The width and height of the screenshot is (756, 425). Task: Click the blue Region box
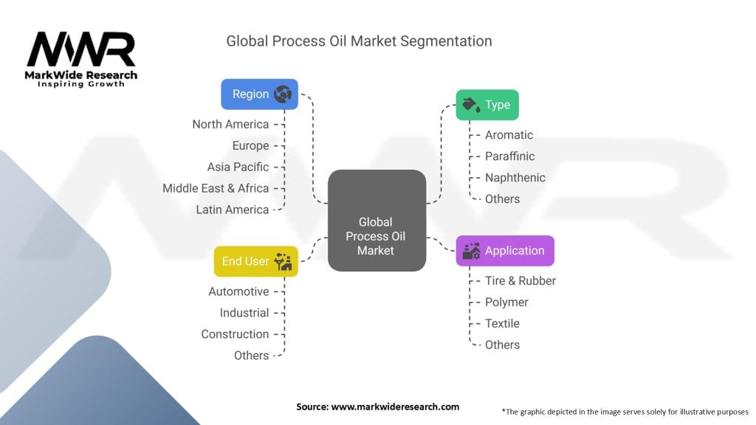[259, 94]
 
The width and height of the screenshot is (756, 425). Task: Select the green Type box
[487, 105]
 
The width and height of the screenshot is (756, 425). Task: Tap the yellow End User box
[255, 261]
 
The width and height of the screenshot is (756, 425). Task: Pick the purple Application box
[505, 251]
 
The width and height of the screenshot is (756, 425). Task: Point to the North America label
[230, 124]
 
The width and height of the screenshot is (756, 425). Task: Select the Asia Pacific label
[238, 167]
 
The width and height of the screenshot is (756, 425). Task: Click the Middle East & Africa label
[216, 188]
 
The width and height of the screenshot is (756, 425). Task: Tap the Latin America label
[232, 210]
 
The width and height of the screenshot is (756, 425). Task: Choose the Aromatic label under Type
[509, 135]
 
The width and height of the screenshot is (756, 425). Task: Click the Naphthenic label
[515, 178]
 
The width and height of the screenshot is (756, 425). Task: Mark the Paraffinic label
[509, 156]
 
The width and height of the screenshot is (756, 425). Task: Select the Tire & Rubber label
[520, 280]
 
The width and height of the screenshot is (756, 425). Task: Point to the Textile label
[502, 323]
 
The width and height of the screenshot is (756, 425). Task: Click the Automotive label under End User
[238, 291]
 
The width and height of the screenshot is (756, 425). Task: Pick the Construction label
[235, 334]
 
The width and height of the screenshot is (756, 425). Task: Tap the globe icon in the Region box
[283, 94]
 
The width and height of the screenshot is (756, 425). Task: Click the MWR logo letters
[81, 50]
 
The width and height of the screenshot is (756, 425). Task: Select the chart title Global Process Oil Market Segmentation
[359, 41]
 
